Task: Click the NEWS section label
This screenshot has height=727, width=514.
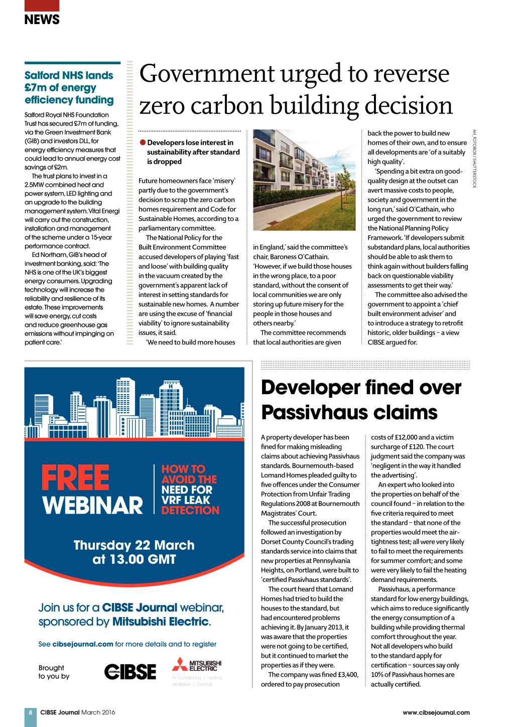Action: [42, 20]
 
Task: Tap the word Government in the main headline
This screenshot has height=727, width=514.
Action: [206, 74]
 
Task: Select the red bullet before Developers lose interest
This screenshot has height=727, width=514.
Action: [143, 143]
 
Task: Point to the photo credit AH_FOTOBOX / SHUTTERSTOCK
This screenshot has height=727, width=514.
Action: [474, 159]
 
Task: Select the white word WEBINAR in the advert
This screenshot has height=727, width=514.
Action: [93, 505]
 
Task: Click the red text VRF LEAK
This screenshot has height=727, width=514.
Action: [186, 500]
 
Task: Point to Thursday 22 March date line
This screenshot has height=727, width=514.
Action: [134, 545]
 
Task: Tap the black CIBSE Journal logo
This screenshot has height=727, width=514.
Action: [130, 671]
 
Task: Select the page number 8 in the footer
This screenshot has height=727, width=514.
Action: [31, 712]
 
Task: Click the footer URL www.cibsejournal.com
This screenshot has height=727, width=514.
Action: [436, 712]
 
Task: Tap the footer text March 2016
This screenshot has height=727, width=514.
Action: [98, 712]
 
